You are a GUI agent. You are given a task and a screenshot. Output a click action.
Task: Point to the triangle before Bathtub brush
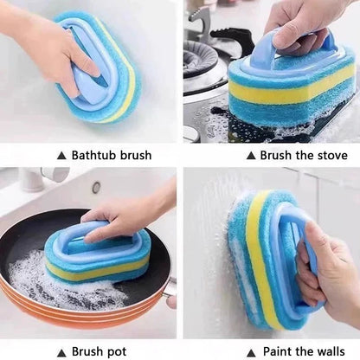coord(60,156)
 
